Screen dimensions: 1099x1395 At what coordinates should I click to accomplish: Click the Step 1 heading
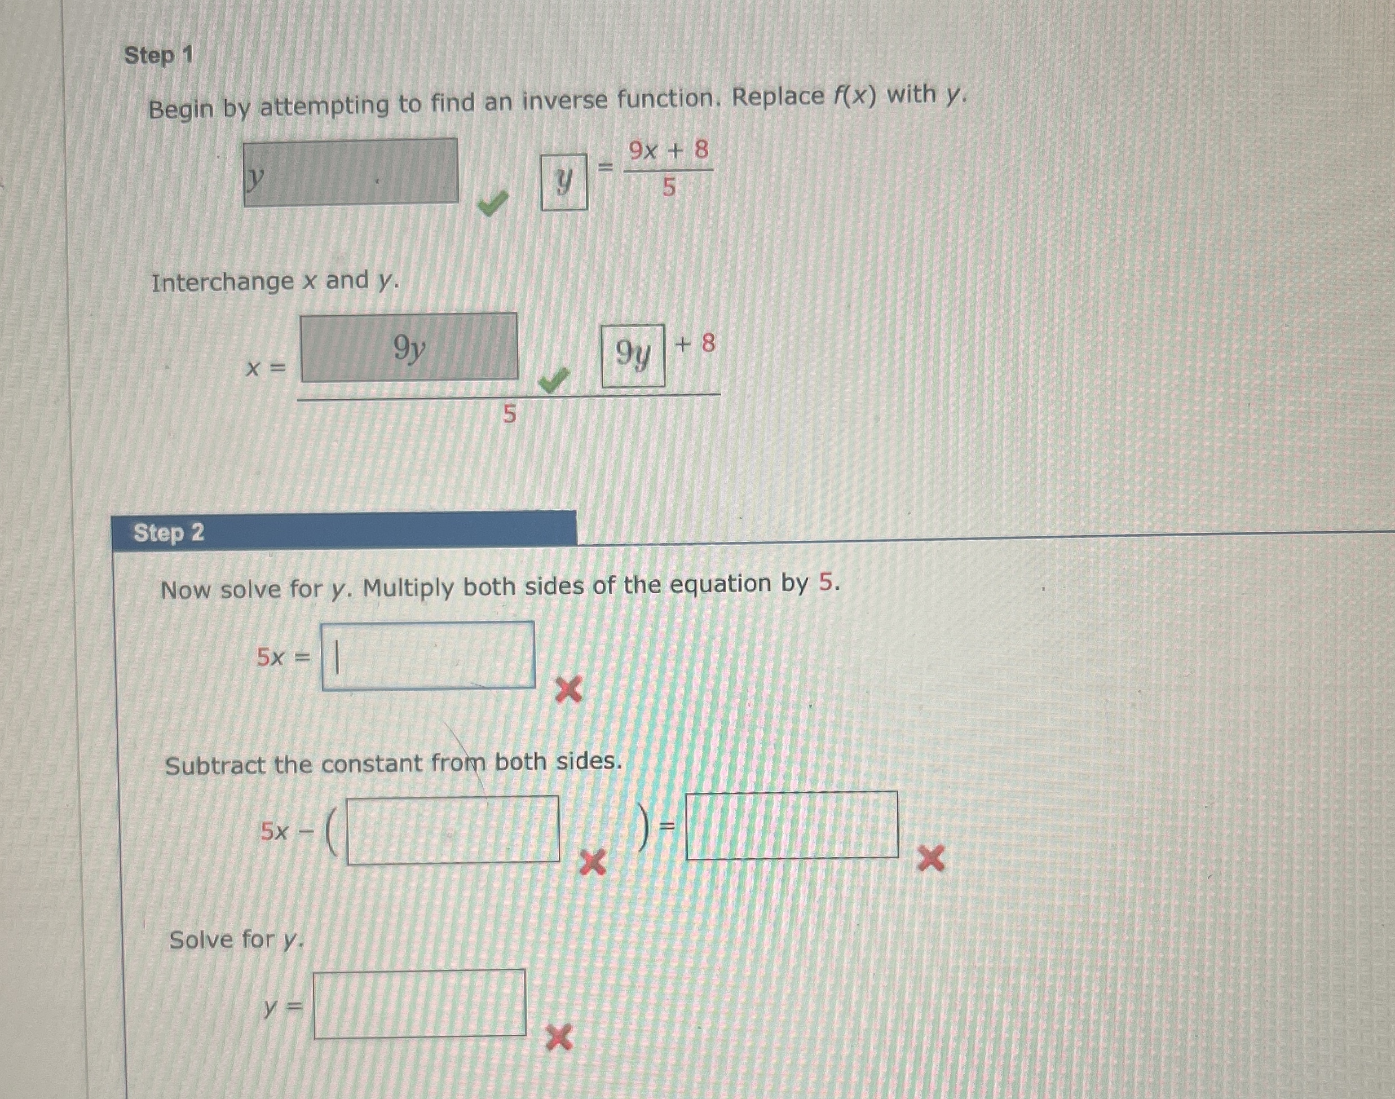(x=158, y=56)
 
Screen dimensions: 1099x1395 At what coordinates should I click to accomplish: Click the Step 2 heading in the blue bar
(x=169, y=533)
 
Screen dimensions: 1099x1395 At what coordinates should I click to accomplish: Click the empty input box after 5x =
(x=428, y=656)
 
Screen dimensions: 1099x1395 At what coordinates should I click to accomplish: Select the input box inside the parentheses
(x=453, y=830)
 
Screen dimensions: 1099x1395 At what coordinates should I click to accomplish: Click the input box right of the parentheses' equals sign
(x=792, y=825)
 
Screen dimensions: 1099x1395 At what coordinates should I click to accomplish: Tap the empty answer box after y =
(x=420, y=1004)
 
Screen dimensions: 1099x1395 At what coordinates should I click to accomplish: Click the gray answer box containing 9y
(x=409, y=347)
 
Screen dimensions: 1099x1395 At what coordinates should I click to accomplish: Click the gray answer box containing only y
(x=351, y=173)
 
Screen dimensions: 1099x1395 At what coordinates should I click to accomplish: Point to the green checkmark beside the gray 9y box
(x=555, y=381)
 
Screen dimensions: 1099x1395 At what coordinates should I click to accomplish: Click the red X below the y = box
(x=559, y=1039)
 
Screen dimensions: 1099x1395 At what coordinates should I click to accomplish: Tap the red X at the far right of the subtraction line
(x=931, y=858)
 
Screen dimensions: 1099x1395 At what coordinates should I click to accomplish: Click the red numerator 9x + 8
(x=669, y=151)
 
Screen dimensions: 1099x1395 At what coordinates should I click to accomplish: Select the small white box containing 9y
(x=633, y=356)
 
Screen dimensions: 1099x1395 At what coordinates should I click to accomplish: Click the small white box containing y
(x=564, y=183)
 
